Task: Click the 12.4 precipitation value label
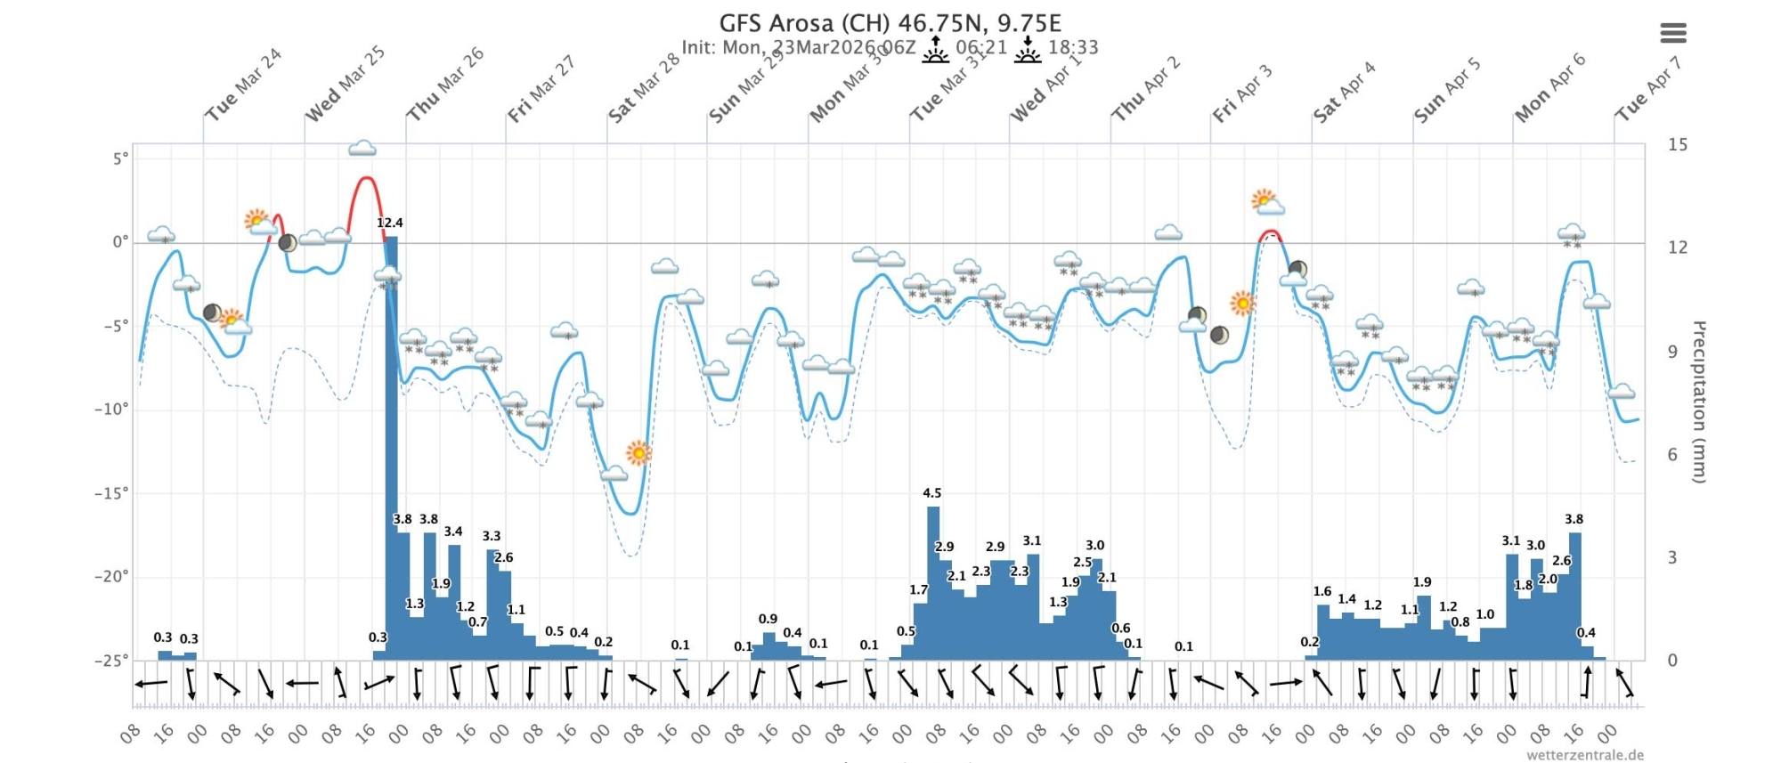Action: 389,223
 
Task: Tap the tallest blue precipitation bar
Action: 391,445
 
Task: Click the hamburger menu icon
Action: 1672,34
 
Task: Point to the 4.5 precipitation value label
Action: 931,493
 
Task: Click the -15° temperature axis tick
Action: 111,492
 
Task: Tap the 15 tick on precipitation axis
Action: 1677,144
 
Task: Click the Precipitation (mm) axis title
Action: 1698,402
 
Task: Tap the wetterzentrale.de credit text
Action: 1584,755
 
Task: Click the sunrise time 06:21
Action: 980,47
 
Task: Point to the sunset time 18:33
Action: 1073,47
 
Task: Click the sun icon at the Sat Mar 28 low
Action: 638,453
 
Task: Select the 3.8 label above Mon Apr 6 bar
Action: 1574,519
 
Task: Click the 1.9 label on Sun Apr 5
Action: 1422,582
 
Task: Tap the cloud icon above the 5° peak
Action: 362,148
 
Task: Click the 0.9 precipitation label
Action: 768,619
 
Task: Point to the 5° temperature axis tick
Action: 119,158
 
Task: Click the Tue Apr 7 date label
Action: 1647,89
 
